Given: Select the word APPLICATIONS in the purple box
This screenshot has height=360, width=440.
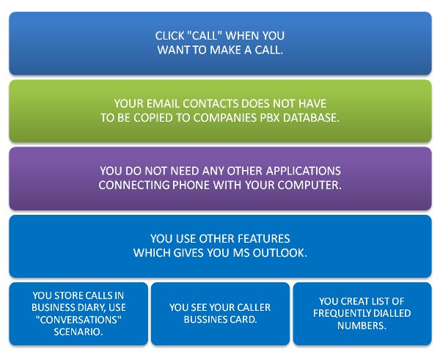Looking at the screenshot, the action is [304, 171].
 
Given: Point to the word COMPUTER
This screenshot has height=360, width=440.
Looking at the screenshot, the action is [309, 185].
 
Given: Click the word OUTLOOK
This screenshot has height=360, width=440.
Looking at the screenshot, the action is [280, 253].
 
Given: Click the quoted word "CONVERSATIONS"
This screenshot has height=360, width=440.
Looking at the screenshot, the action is [78, 320].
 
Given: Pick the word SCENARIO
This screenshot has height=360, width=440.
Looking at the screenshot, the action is [78, 332].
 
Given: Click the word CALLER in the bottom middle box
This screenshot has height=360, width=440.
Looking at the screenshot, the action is [253, 307].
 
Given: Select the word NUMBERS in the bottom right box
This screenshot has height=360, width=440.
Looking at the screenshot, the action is [362, 326].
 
